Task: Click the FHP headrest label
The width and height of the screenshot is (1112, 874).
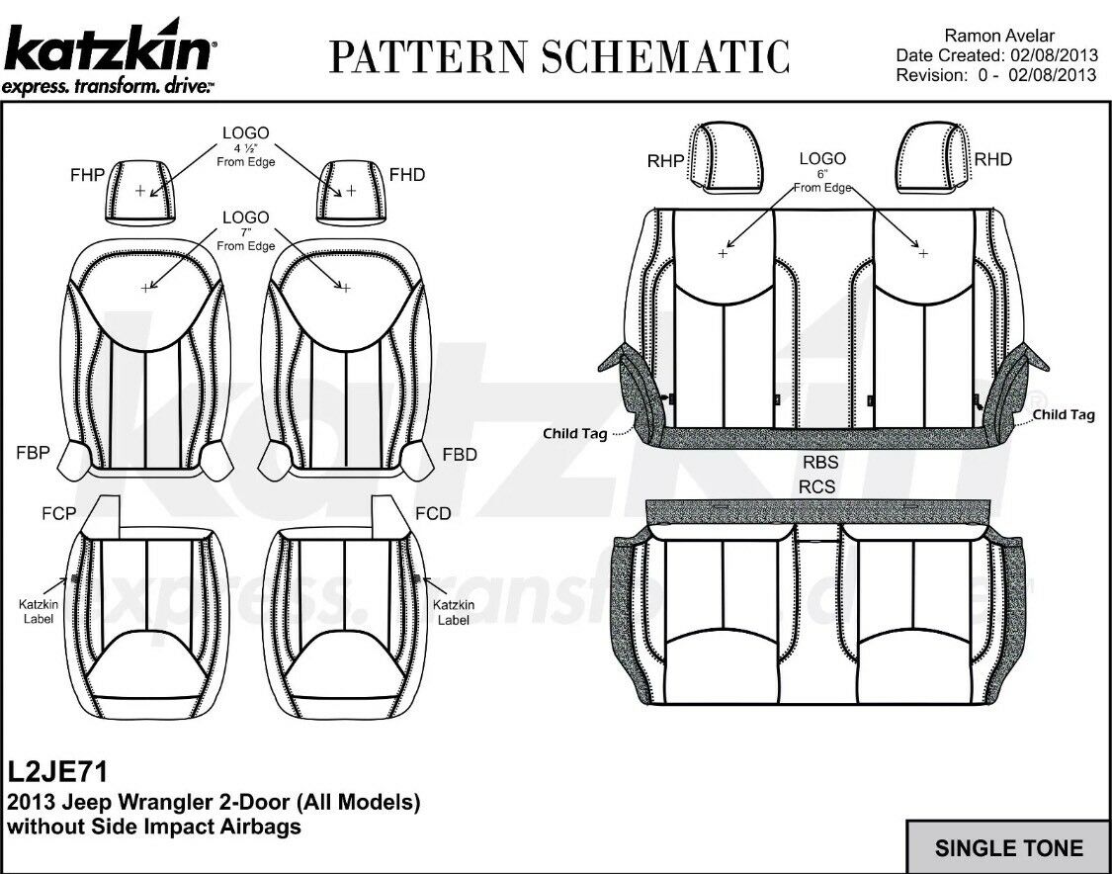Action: (86, 175)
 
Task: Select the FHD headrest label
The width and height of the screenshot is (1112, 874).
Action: (407, 175)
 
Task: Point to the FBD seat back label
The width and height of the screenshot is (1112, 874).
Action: (460, 457)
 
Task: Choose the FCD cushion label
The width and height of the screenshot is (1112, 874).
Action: (433, 513)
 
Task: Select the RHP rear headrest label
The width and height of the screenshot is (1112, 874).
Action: (666, 160)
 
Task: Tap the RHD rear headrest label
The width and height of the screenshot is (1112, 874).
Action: (992, 159)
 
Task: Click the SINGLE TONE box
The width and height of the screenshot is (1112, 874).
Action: (1008, 847)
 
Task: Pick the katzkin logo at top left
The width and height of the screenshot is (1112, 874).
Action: (109, 54)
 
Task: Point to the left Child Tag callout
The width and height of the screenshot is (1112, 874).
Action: (574, 433)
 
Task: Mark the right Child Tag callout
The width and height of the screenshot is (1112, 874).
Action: (1064, 414)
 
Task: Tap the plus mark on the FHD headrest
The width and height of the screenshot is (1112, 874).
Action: (350, 190)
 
